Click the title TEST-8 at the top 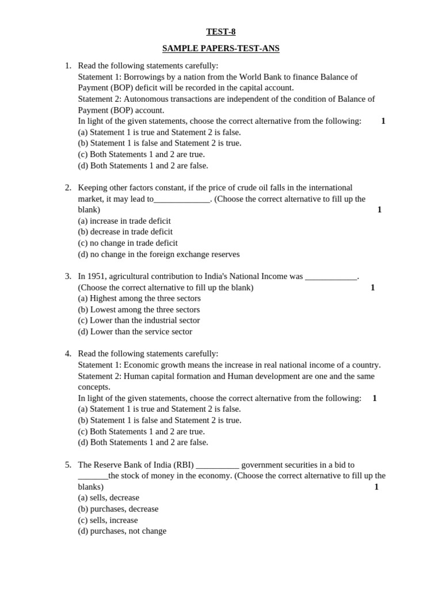(220, 32)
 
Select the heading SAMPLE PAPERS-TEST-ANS (220, 48)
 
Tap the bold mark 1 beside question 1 (383, 121)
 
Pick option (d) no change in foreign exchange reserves (158, 254)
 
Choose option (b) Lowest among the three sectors (139, 309)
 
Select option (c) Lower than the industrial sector (139, 320)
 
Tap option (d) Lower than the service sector (135, 331)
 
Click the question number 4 (67, 354)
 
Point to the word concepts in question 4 (94, 387)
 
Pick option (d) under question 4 (143, 442)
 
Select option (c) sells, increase (108, 520)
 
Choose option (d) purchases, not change (122, 531)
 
